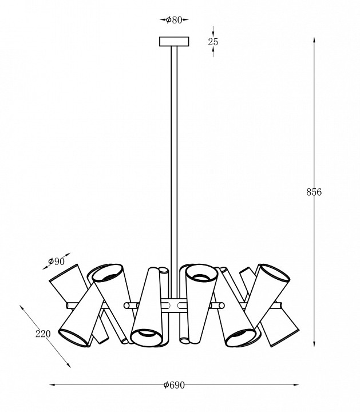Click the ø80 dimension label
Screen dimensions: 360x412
tap(174, 19)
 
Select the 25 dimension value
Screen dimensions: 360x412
tap(213, 42)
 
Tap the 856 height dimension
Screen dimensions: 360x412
tap(314, 192)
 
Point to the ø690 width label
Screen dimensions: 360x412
tap(174, 385)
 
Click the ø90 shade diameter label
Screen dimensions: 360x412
tap(56, 262)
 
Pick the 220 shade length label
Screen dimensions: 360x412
tap(43, 334)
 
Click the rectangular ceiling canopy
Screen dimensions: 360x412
tap(174, 42)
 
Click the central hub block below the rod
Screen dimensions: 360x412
tap(173, 306)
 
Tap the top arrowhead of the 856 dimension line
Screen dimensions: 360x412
tap(314, 40)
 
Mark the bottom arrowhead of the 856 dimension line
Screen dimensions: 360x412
tap(314, 344)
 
